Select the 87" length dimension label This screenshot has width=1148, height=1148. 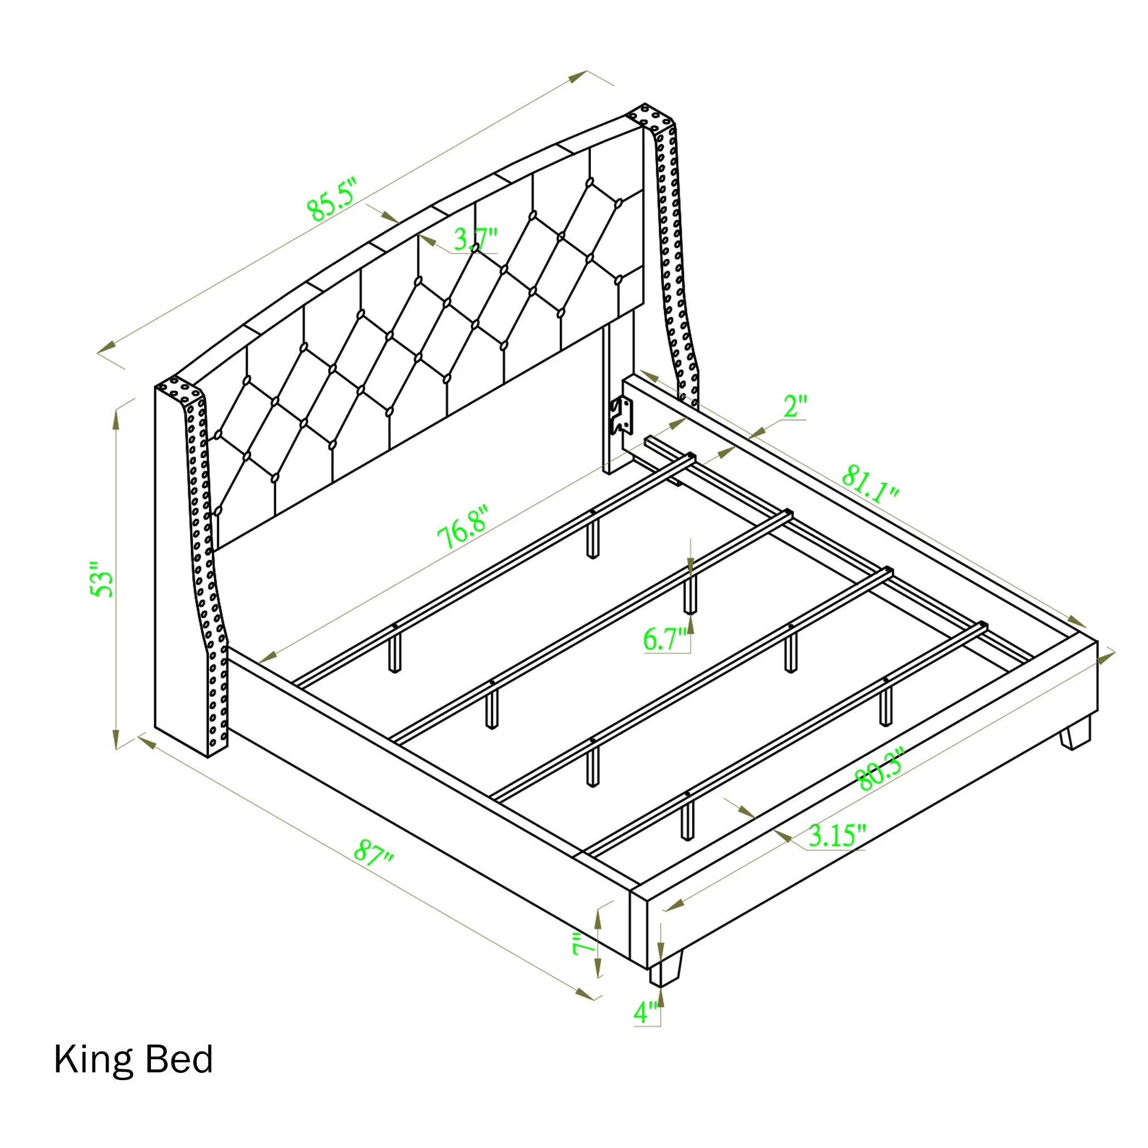click(373, 854)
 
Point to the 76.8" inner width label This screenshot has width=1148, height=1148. click(463, 527)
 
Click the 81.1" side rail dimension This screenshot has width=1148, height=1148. click(870, 483)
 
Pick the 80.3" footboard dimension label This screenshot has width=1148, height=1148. click(879, 770)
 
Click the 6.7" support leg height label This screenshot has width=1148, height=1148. click(665, 639)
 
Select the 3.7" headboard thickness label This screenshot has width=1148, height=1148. click(475, 239)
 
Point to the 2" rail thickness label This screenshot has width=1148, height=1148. click(795, 407)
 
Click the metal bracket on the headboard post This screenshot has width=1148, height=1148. click(621, 415)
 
